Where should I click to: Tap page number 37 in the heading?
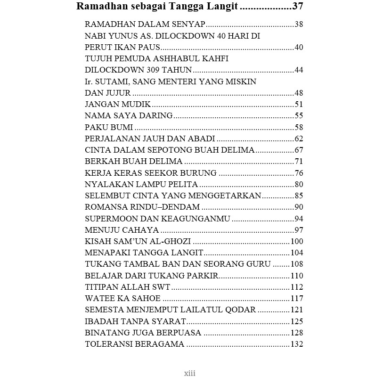click(x=297, y=7)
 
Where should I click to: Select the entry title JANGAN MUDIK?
click(x=118, y=105)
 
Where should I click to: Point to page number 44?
click(x=299, y=70)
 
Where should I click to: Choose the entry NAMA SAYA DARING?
click(x=129, y=116)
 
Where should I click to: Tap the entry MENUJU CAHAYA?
click(x=122, y=230)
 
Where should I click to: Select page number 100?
click(x=297, y=242)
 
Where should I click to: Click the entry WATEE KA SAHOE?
click(x=122, y=299)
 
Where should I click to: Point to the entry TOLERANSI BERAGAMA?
click(x=134, y=344)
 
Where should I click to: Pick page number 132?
click(x=297, y=344)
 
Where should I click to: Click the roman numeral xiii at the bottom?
click(x=189, y=374)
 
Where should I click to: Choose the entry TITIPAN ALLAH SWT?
click(x=127, y=287)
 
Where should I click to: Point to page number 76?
click(x=299, y=173)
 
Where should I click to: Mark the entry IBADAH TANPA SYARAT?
click(x=135, y=321)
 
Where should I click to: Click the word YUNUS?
click(x=124, y=36)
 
